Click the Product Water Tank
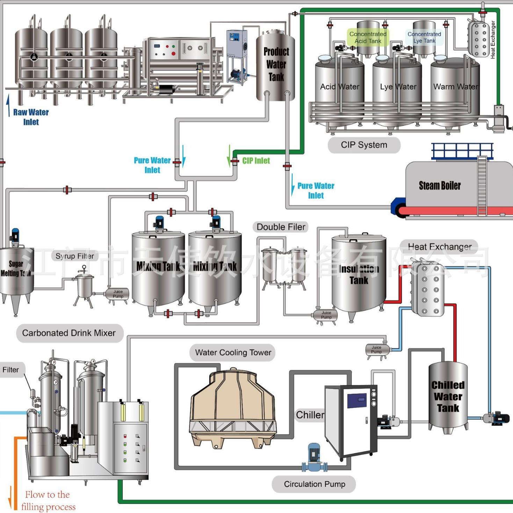click(276, 66)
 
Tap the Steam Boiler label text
click(440, 186)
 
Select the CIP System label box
click(364, 145)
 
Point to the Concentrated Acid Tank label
click(368, 37)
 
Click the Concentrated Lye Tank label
click(424, 37)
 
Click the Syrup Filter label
click(75, 256)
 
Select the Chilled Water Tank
click(448, 397)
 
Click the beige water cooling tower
click(232, 407)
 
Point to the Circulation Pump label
click(314, 484)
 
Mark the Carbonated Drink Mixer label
click(69, 333)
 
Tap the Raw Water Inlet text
click(31, 117)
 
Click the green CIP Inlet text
click(256, 161)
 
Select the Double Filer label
click(281, 227)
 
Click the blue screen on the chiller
click(357, 400)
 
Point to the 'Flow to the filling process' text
click(48, 501)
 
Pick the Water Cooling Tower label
click(233, 353)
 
